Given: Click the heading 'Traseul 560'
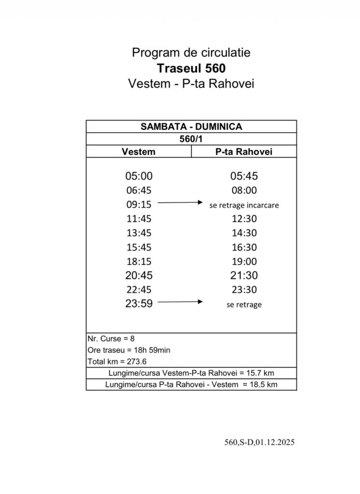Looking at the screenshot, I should [191, 68].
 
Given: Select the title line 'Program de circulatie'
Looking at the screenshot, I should [191, 52].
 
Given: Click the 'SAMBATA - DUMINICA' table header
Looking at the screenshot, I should [191, 127].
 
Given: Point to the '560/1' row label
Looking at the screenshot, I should [191, 139].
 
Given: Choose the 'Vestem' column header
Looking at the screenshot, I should [139, 151].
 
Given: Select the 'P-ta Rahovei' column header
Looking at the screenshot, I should [244, 151].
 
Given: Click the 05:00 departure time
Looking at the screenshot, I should [139, 177].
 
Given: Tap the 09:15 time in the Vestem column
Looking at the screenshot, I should [139, 205].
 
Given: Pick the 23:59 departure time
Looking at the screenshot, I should [139, 304].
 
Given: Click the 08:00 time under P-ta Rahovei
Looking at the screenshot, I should [244, 191].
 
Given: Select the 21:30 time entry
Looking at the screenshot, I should [244, 276].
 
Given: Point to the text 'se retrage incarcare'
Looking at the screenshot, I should [244, 205].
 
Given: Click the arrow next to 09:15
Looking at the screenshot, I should [180, 204].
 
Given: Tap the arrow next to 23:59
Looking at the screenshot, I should [180, 302].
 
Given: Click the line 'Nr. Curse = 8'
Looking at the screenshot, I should [108, 338].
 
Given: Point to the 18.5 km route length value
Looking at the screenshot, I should [266, 384].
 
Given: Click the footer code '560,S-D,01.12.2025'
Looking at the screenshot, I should [259, 442].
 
